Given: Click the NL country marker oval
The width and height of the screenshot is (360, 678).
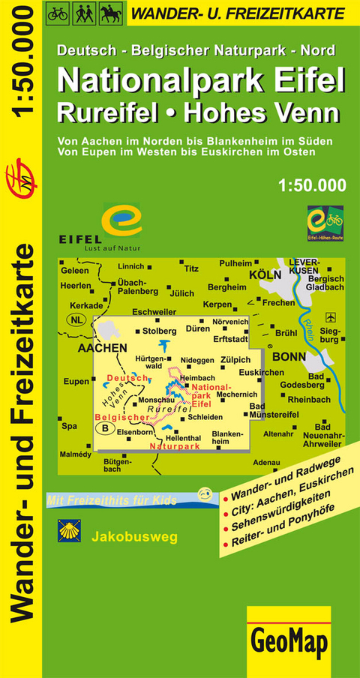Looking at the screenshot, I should coord(76,320).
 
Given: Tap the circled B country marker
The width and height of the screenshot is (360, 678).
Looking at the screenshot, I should coord(106,428).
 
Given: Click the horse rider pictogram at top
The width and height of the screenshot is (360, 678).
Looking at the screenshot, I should coord(107,13).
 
